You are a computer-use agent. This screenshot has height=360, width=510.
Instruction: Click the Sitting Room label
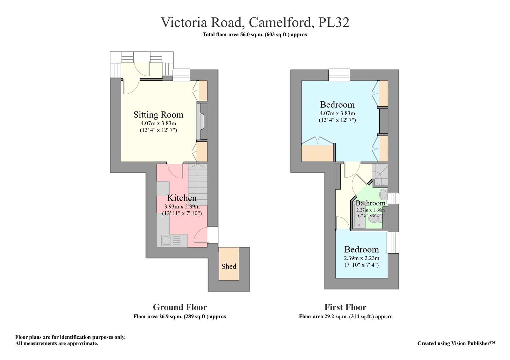pyautogui.click(x=158, y=114)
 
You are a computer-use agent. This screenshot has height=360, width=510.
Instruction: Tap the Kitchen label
pyautogui.click(x=182, y=198)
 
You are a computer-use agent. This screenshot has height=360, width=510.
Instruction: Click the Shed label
pyautogui.click(x=229, y=266)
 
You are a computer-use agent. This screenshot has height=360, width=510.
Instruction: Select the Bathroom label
pyautogui.click(x=371, y=203)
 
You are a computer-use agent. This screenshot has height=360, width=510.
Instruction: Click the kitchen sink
pyautogui.click(x=172, y=241)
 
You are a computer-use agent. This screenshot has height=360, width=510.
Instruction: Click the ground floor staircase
pyautogui.click(x=198, y=184)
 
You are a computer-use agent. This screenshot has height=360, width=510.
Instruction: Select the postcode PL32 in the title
pyautogui.click(x=333, y=22)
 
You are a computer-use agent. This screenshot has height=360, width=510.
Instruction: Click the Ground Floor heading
pyautogui.click(x=180, y=307)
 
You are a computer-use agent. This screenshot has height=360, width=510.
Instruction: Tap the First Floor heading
pyautogui.click(x=346, y=307)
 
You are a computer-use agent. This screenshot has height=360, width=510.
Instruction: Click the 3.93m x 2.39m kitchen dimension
pyautogui.click(x=182, y=207)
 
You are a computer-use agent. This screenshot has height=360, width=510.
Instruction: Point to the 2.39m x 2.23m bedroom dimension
pyautogui.click(x=361, y=258)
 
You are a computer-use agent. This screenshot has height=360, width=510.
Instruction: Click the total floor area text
pyautogui.click(x=255, y=35)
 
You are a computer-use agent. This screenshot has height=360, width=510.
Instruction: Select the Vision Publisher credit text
pyautogui.click(x=456, y=343)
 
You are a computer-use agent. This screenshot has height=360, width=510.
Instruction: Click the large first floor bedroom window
pyautogui.click(x=339, y=75)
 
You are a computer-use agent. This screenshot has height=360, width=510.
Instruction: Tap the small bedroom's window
pyautogui.click(x=393, y=242)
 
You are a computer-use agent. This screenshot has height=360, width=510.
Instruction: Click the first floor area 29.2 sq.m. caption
pyautogui.click(x=346, y=317)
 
